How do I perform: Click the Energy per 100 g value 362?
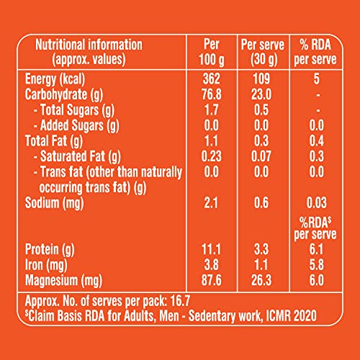[211, 78]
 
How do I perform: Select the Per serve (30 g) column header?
[263, 52]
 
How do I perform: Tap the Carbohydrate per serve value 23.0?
[261, 94]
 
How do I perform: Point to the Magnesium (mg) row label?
[63, 281]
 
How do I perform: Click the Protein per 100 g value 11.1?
[211, 249]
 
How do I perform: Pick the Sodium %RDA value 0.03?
[317, 203]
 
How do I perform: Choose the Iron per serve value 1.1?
[261, 265]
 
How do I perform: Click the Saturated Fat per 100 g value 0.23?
[211, 156]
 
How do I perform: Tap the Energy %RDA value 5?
[317, 78]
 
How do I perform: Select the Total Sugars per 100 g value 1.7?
[211, 109]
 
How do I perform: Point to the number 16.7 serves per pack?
[180, 301]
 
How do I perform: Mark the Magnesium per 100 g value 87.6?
[211, 280]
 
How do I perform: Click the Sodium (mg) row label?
[54, 203]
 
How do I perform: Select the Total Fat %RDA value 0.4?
[317, 140]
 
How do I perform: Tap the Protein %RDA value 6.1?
[317, 249]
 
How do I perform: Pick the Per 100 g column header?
[212, 52]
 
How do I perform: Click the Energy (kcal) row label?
[55, 79]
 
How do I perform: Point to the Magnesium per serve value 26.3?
[261, 280]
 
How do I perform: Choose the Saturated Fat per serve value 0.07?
[261, 156]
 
